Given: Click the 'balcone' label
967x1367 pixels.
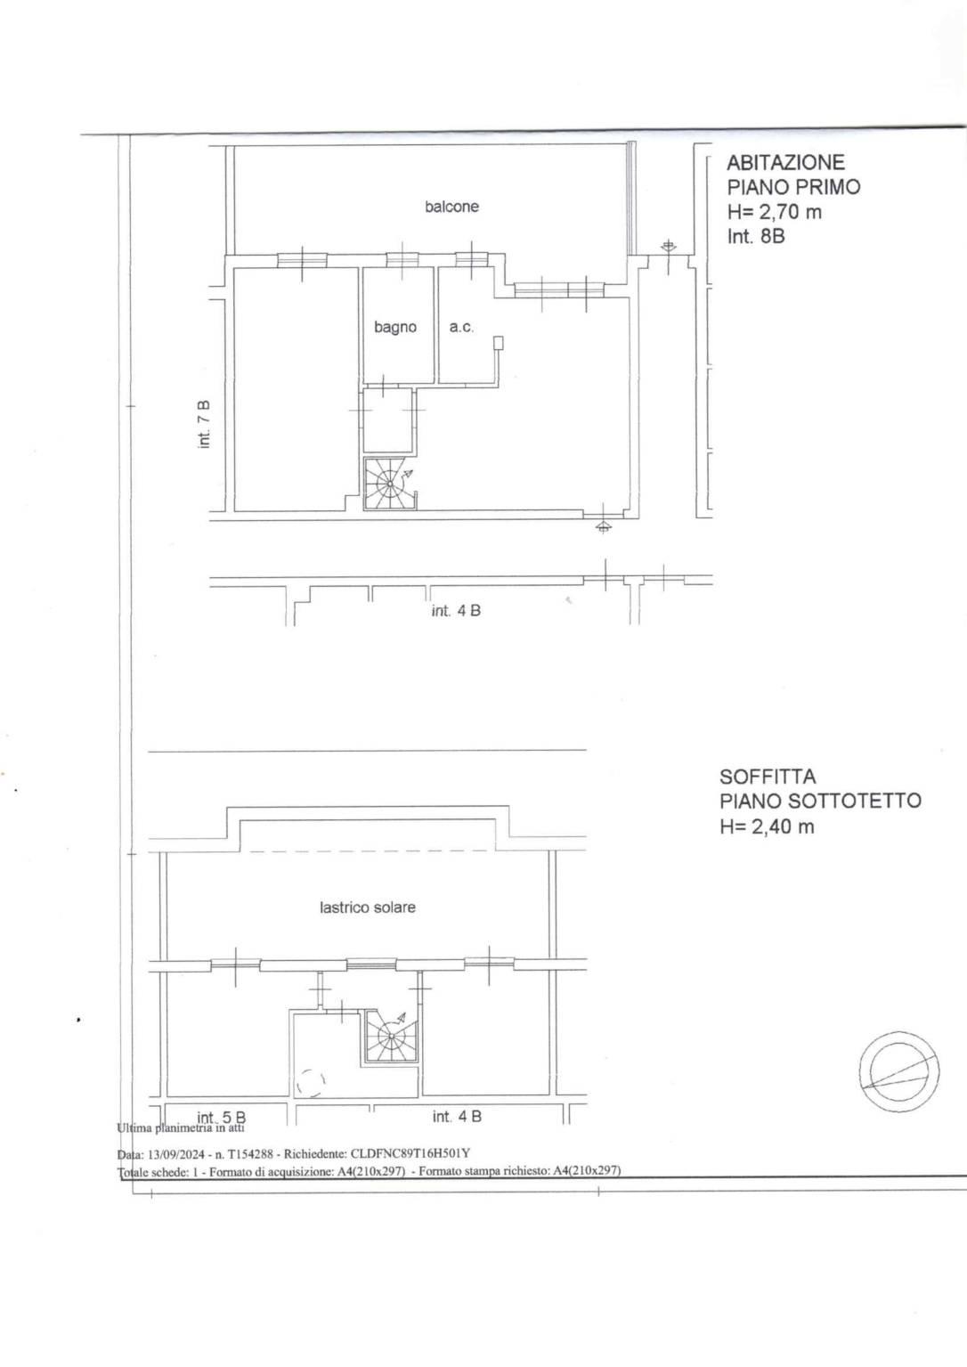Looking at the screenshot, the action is click(451, 207).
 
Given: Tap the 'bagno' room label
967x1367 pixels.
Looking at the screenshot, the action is click(395, 327).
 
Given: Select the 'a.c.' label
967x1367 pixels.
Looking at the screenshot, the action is click(461, 327).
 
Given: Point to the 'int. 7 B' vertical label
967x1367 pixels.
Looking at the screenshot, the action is click(205, 424).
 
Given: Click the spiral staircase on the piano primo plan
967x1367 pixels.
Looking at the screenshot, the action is click(389, 484).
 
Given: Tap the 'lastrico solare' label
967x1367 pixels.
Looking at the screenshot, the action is click(367, 907).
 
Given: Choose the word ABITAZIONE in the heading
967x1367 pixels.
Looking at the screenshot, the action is click(786, 162).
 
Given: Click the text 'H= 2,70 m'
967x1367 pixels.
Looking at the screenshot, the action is click(774, 212).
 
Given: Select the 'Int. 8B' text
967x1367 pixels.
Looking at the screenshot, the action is click(756, 236).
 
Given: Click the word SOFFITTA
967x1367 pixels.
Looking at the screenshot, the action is click(768, 777).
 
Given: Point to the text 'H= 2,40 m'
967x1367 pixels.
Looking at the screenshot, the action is click(767, 826).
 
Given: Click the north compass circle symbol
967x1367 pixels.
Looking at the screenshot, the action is click(898, 1071).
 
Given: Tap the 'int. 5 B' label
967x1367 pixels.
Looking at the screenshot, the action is click(222, 1118).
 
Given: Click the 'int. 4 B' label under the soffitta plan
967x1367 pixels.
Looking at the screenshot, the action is click(457, 1116).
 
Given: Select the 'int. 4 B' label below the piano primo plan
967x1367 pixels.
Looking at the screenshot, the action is click(456, 610).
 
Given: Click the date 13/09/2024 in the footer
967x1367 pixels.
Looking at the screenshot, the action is click(173, 1153).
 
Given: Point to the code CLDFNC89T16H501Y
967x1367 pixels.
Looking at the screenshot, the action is click(410, 1153).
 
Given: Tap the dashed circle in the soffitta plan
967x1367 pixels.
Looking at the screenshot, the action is click(311, 1084).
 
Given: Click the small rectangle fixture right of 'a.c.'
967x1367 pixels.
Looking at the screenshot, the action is click(499, 343).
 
